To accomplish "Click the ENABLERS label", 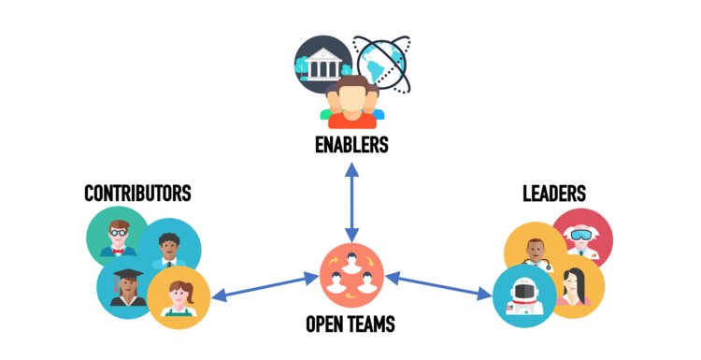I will tap(350, 146).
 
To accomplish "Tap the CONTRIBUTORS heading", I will tap(137, 194).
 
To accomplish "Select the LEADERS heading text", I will tap(554, 194).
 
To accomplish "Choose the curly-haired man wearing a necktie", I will tap(170, 249).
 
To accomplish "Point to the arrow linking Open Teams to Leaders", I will tap(439, 285).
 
